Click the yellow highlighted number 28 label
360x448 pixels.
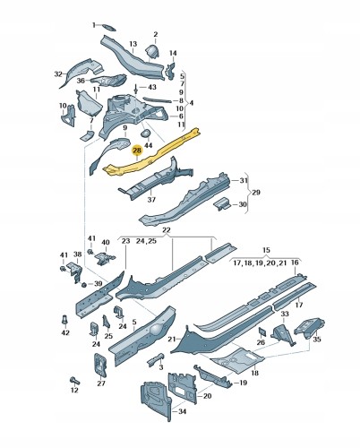(137, 151)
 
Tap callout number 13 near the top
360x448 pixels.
(133, 44)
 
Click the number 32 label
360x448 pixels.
(58, 73)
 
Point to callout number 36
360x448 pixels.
(79, 80)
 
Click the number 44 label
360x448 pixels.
(149, 145)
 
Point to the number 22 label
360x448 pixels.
(166, 232)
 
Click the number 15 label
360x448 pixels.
(265, 251)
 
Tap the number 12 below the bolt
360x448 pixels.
(74, 390)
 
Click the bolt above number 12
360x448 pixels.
(74, 377)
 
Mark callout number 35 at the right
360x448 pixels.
(317, 340)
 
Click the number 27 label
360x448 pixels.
(100, 383)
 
